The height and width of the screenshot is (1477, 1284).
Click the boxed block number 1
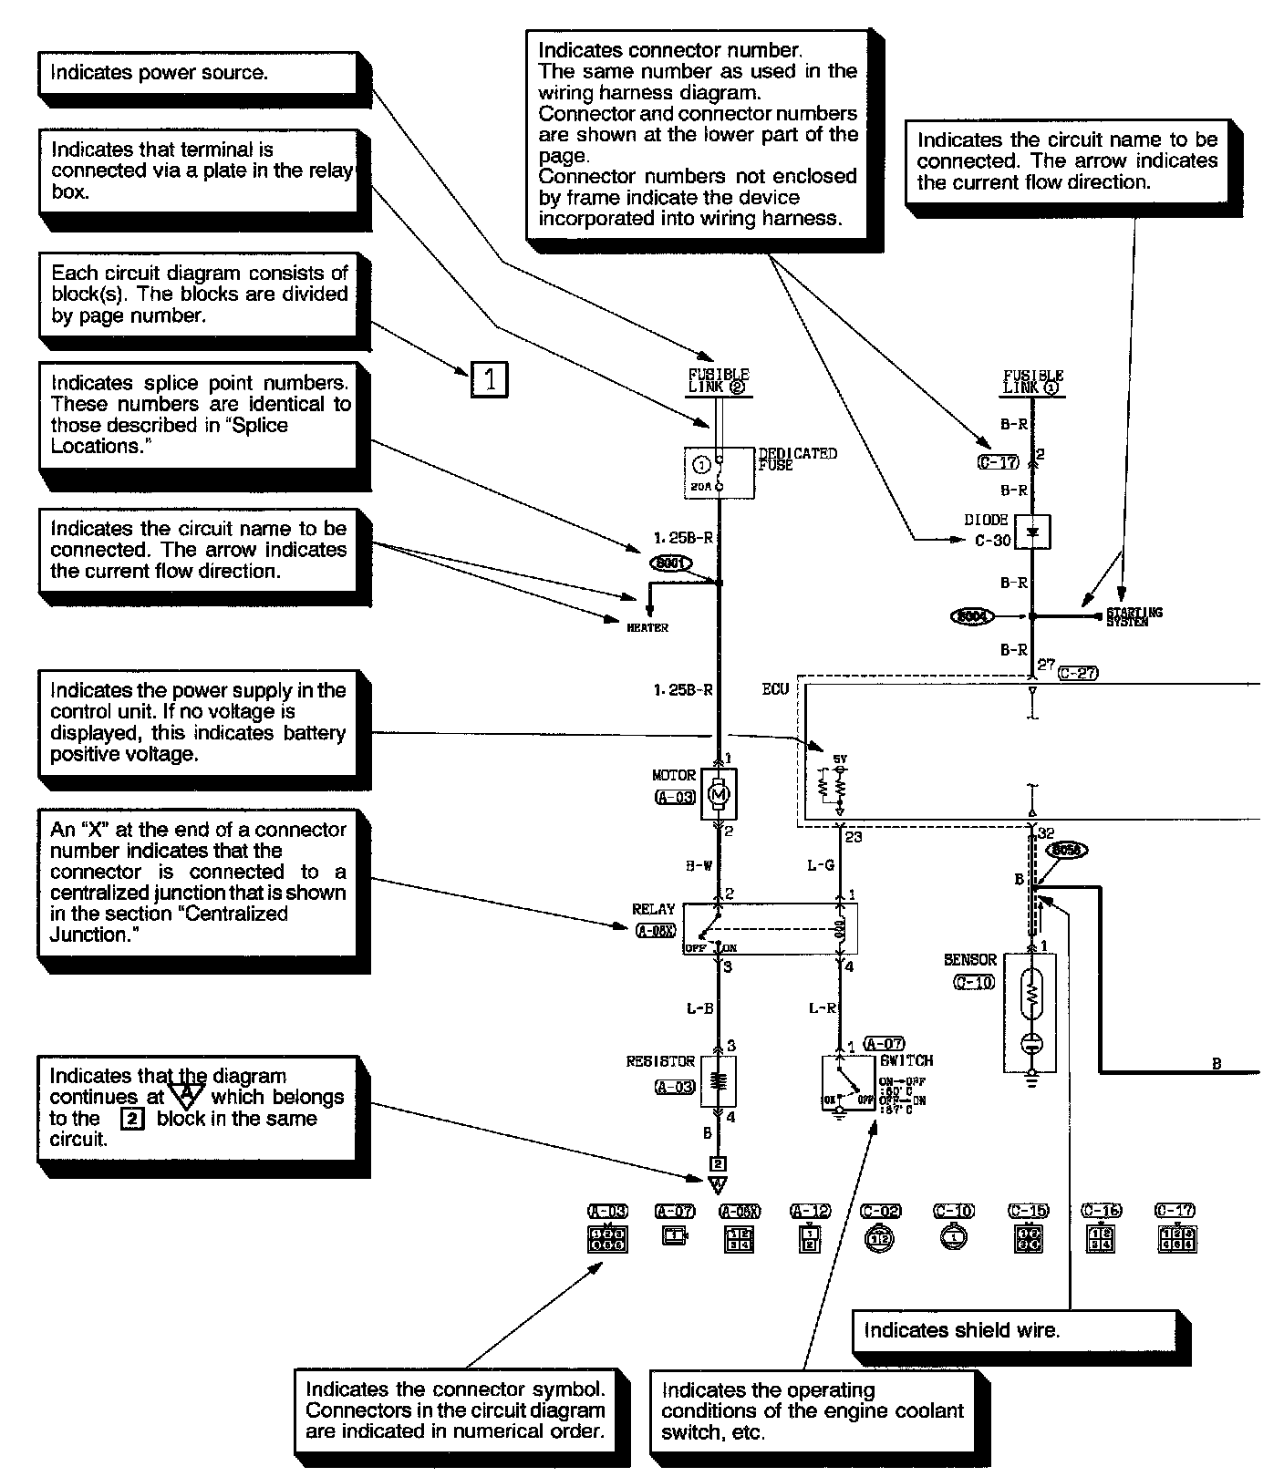click(490, 378)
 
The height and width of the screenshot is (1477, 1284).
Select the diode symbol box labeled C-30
click(1033, 532)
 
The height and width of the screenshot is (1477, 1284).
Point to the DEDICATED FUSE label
click(797, 459)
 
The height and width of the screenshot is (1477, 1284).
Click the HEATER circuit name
click(647, 627)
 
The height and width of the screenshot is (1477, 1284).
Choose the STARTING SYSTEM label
click(1134, 617)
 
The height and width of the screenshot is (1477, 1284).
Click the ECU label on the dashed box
click(775, 690)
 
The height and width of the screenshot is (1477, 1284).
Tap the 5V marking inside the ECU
click(840, 758)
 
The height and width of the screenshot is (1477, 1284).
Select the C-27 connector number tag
click(1078, 673)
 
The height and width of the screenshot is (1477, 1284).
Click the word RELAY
click(653, 909)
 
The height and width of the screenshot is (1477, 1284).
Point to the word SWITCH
click(906, 1060)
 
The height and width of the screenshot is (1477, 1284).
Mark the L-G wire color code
click(821, 865)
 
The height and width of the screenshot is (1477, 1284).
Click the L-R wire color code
click(823, 1008)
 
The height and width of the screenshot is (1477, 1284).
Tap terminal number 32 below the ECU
click(1045, 832)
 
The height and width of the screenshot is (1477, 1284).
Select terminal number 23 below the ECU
click(853, 836)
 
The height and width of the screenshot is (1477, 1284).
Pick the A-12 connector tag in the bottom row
click(810, 1212)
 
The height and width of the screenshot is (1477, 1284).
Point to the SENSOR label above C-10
click(970, 960)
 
